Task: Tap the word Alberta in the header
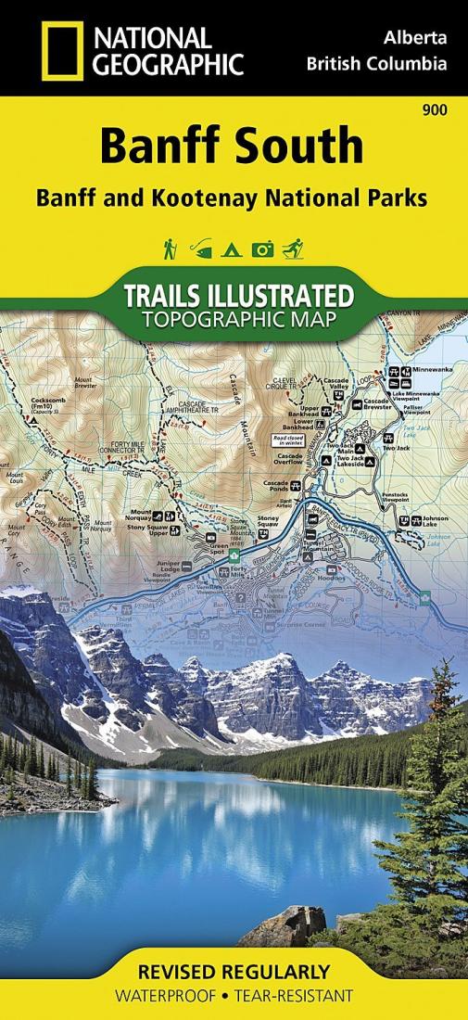coord(415,39)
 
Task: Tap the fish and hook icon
coord(201,249)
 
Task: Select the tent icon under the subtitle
coord(232,249)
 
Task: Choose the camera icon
coord(263,249)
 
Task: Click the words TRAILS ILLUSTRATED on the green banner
coord(237,297)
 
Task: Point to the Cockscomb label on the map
coord(48,400)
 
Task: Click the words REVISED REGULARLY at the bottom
coord(233,973)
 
